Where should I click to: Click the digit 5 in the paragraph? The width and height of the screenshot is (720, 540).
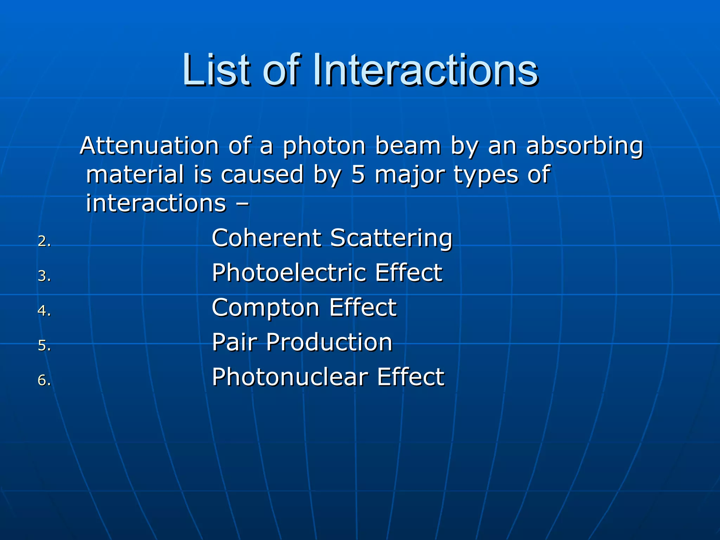[358, 174]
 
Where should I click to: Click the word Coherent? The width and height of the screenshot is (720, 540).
[266, 238]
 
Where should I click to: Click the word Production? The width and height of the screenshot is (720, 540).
[329, 342]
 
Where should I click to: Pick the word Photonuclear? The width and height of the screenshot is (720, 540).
[290, 377]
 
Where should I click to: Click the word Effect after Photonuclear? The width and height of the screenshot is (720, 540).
[411, 377]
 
